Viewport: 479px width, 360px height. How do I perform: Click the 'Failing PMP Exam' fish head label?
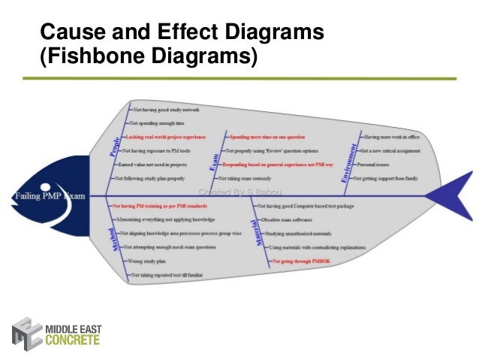48,196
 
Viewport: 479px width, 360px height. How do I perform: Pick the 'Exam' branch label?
212,159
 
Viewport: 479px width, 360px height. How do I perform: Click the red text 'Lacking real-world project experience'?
165,137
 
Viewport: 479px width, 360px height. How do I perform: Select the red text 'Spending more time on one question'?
267,137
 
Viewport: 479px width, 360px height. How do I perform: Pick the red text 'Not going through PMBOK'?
299,261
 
